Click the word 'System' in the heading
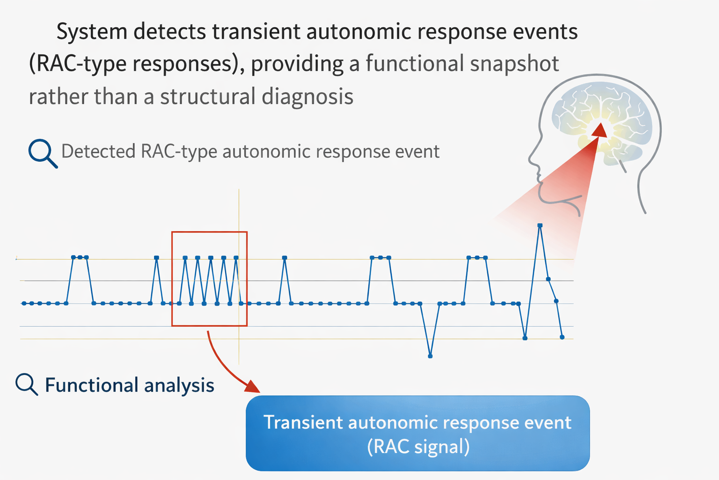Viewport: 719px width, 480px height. pyautogui.click(x=92, y=32)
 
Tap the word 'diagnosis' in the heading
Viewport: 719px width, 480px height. pyautogui.click(x=307, y=97)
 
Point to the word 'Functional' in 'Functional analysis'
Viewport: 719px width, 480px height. pyautogui.click(x=91, y=385)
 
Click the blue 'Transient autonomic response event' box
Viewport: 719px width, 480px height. pyautogui.click(x=417, y=433)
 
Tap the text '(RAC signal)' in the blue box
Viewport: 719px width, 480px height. pyautogui.click(x=418, y=447)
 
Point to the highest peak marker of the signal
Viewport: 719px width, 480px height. pyautogui.click(x=540, y=225)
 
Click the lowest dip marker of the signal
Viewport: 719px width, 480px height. pyautogui.click(x=430, y=356)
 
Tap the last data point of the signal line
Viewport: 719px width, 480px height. pyautogui.click(x=562, y=337)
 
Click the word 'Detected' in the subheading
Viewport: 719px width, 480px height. pyautogui.click(x=98, y=152)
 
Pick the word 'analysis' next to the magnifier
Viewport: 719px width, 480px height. pyautogui.click(x=179, y=385)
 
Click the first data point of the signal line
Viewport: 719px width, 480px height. pyautogui.click(x=23, y=303)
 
